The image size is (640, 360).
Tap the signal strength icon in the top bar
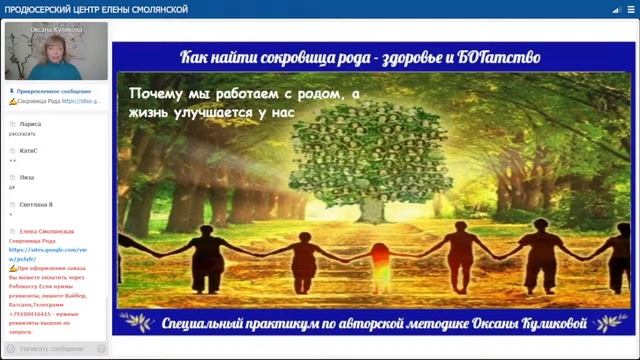click(x=587, y=9)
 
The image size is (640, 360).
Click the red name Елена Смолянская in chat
click(x=41, y=231)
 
